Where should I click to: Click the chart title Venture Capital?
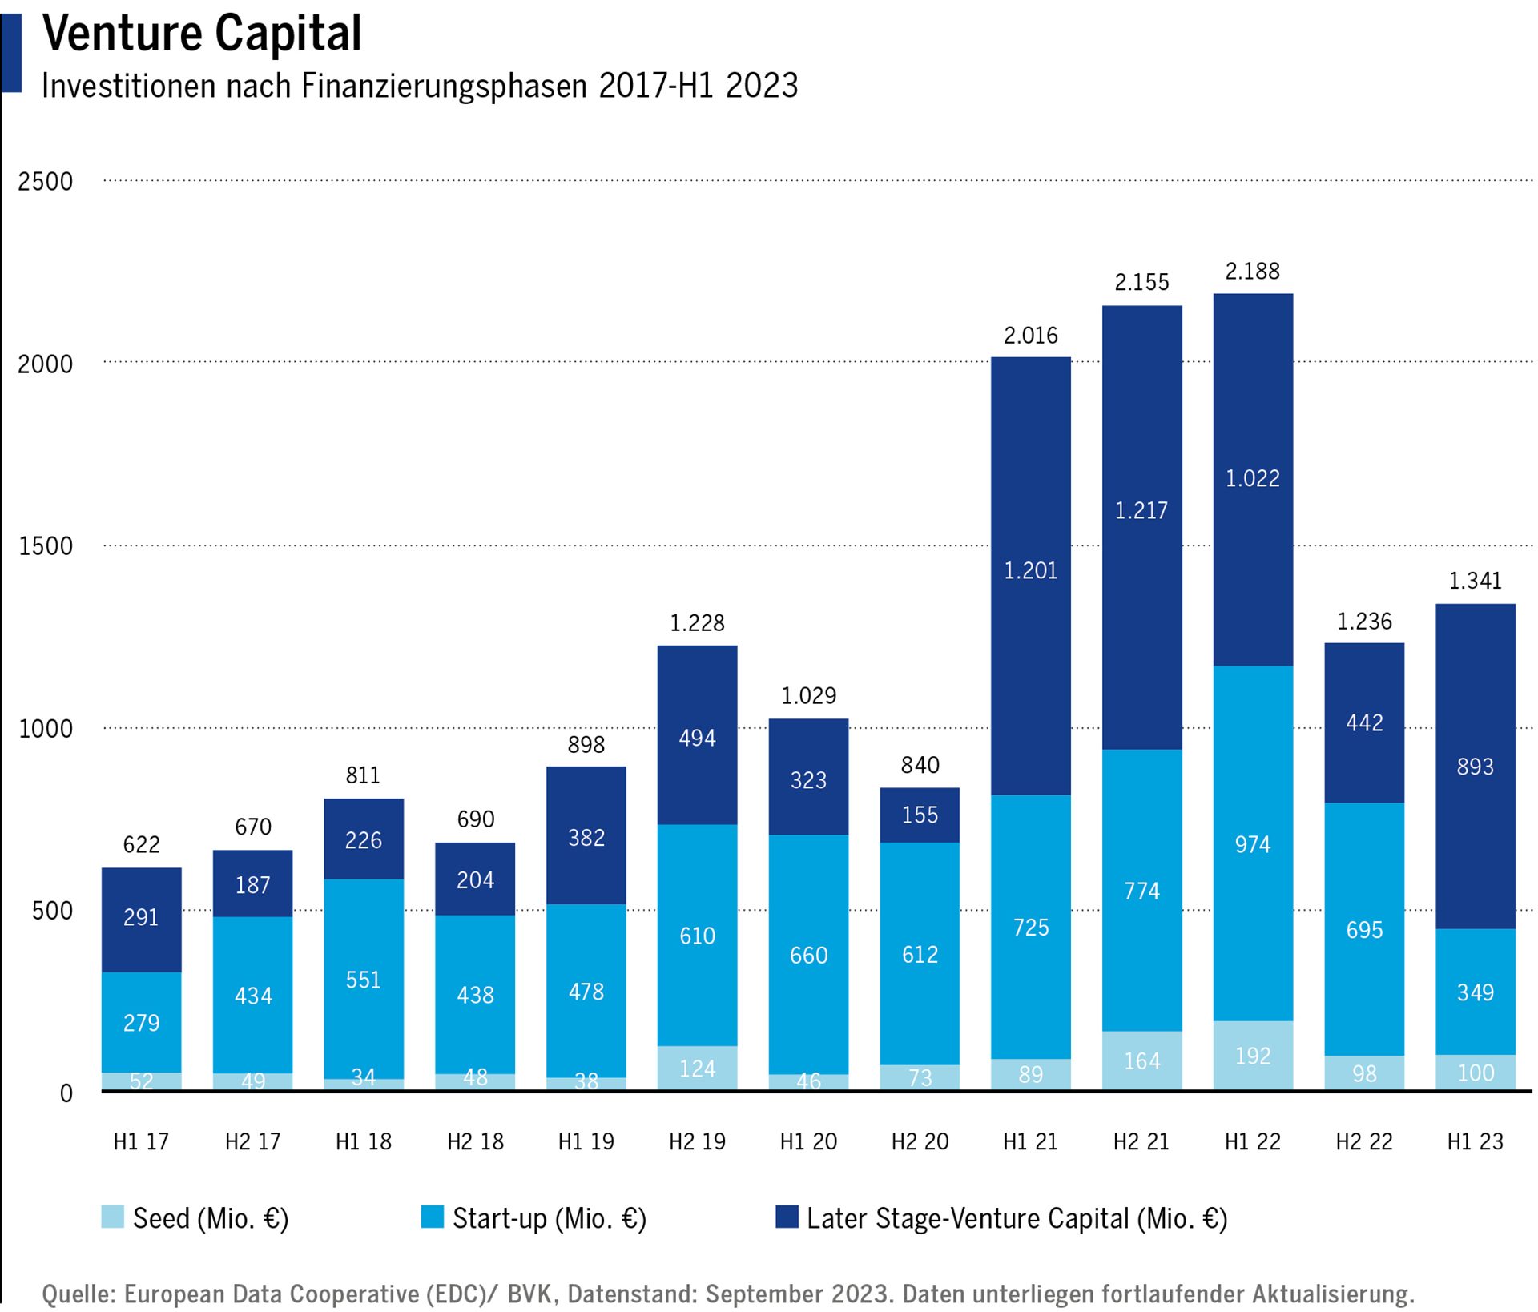[202, 34]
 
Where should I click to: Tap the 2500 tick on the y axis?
[45, 182]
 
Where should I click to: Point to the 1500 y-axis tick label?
[45, 546]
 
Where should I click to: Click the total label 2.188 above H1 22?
[1252, 272]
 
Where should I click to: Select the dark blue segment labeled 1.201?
[1030, 570]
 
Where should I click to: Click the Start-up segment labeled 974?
[1252, 844]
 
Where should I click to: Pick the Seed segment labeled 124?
[697, 1069]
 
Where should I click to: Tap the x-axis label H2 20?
[920, 1141]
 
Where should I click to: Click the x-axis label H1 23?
[1475, 1141]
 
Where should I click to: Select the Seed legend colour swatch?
[113, 1217]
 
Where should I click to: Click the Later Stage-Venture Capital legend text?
[1017, 1218]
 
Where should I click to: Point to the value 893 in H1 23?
[1475, 767]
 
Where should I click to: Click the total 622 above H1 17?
[141, 844]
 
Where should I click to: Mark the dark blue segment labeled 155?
[920, 815]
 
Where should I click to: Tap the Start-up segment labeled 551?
[363, 980]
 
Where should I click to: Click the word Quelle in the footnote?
[78, 1293]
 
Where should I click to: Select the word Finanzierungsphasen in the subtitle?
[445, 86]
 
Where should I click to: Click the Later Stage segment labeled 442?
[1363, 722]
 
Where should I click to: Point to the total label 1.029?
[808, 695]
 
